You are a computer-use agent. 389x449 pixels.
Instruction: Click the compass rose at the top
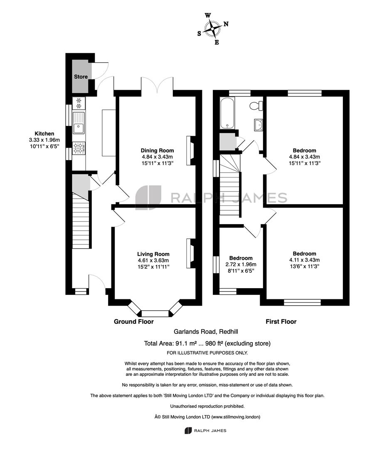[x=213, y=29]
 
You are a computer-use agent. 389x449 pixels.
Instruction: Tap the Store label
[x=81, y=77]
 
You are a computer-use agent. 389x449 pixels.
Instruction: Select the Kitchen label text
[x=44, y=133]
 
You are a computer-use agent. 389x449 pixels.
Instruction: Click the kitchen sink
[x=79, y=123]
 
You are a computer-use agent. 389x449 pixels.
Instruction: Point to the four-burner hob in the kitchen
[x=79, y=148]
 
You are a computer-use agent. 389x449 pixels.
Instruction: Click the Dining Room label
[x=157, y=150]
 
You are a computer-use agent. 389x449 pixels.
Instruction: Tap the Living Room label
[x=153, y=254]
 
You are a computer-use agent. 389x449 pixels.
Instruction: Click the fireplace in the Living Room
[x=190, y=254]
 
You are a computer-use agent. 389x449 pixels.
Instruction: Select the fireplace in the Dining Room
[x=190, y=150]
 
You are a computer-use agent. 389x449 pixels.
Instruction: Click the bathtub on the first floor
[x=227, y=113]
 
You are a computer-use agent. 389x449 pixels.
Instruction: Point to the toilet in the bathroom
[x=256, y=106]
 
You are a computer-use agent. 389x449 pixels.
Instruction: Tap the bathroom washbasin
[x=259, y=125]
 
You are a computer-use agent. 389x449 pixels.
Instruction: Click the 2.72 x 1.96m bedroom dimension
[x=241, y=264]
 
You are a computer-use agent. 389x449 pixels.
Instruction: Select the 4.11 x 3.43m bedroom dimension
[x=304, y=260]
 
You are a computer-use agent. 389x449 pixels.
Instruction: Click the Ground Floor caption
[x=134, y=321]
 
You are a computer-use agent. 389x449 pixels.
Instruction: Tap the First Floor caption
[x=281, y=321]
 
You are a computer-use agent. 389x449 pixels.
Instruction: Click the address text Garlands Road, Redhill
[x=206, y=332]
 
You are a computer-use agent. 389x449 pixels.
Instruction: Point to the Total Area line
[x=207, y=343]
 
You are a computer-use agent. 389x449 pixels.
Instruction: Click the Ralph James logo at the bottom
[x=205, y=430]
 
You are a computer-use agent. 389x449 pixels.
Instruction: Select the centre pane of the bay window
[x=155, y=313]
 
